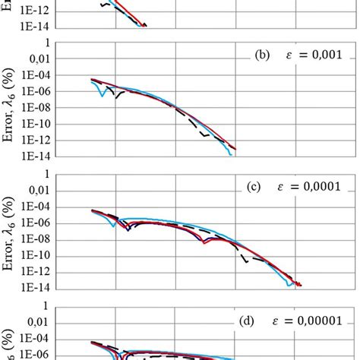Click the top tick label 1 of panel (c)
(47, 174)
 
